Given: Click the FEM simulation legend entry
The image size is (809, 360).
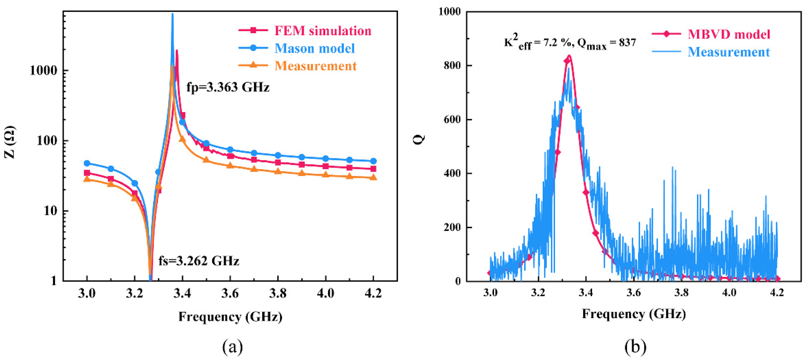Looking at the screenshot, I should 323,31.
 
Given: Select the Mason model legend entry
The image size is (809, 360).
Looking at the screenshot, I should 314,48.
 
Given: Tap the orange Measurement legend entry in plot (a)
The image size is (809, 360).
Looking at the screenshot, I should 315,66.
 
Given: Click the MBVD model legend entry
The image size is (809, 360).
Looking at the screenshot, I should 729,34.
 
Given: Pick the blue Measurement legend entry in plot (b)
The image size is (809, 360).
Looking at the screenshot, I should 729,52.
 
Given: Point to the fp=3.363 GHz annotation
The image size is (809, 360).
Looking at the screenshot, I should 228,87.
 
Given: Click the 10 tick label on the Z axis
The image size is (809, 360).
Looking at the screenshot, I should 50,211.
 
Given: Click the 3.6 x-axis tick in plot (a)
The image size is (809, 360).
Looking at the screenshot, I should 230,293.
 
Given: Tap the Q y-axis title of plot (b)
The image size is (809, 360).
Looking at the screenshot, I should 419,138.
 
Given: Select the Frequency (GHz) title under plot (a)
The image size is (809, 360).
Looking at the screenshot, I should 230,316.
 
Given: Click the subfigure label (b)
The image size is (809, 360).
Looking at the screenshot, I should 635,347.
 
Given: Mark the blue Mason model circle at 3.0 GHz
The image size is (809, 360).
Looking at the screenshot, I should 87,163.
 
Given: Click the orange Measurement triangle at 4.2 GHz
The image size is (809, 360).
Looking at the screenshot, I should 373,177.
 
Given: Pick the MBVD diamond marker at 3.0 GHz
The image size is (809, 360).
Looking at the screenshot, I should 490,273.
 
